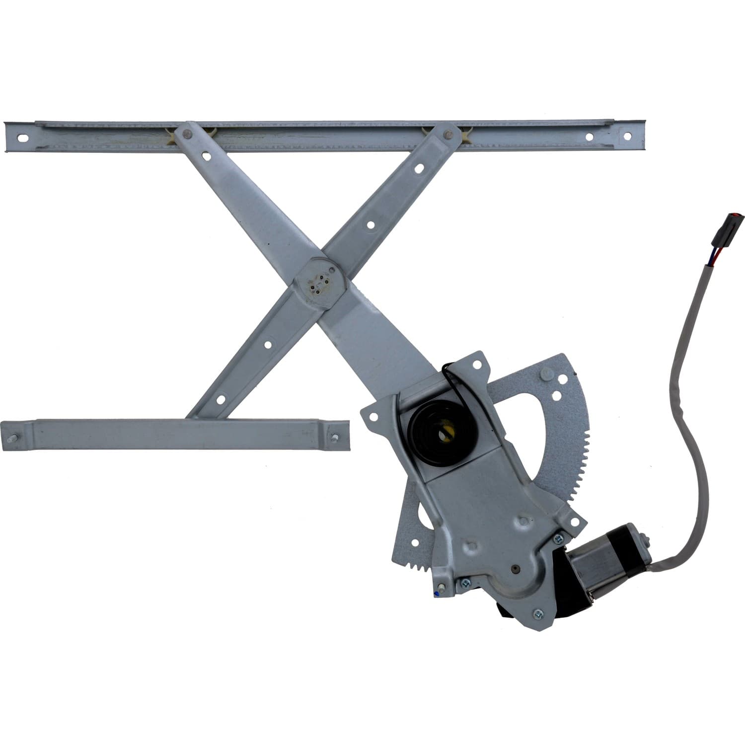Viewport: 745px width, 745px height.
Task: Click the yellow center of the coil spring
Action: tap(444, 434)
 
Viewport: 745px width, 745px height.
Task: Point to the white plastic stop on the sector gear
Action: tap(548, 373)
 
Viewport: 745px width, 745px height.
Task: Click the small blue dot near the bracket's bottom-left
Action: tap(436, 593)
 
